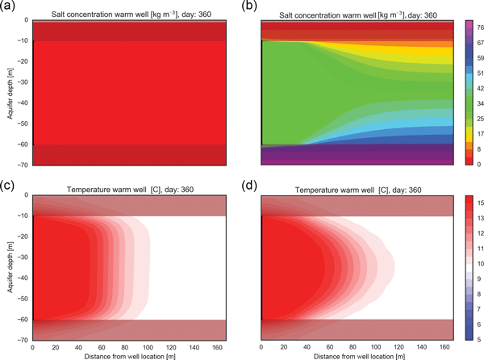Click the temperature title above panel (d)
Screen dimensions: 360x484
pyautogui.click(x=351, y=189)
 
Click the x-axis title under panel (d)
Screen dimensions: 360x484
pyautogui.click(x=351, y=355)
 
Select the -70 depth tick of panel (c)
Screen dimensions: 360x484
pyautogui.click(x=22, y=340)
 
